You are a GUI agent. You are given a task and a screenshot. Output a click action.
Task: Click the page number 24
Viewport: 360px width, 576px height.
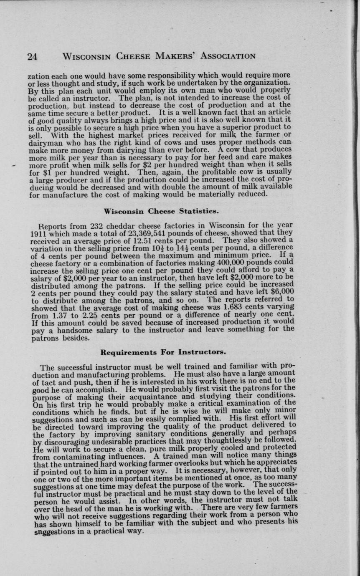point(32,57)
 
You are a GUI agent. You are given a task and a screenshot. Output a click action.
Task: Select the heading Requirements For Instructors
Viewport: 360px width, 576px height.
point(160,352)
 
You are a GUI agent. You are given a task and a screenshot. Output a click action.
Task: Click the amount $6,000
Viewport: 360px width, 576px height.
point(282,292)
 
